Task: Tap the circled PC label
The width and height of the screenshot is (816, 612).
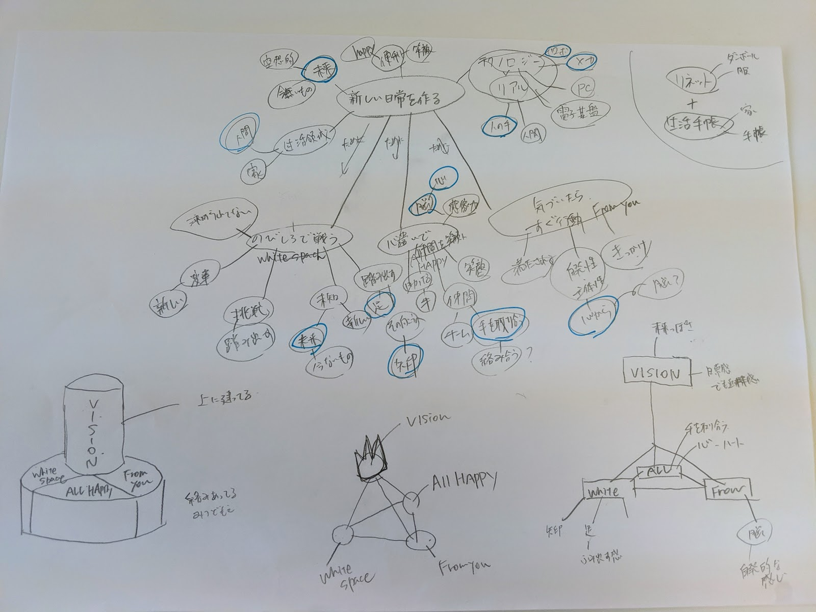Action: point(581,89)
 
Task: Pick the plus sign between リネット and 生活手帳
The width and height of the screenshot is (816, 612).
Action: point(691,104)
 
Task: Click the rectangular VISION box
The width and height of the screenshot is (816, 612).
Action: point(657,373)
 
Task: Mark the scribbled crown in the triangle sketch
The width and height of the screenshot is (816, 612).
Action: point(371,459)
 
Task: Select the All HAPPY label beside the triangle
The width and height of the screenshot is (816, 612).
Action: point(464,482)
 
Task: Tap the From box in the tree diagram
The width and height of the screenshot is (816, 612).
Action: point(728,489)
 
